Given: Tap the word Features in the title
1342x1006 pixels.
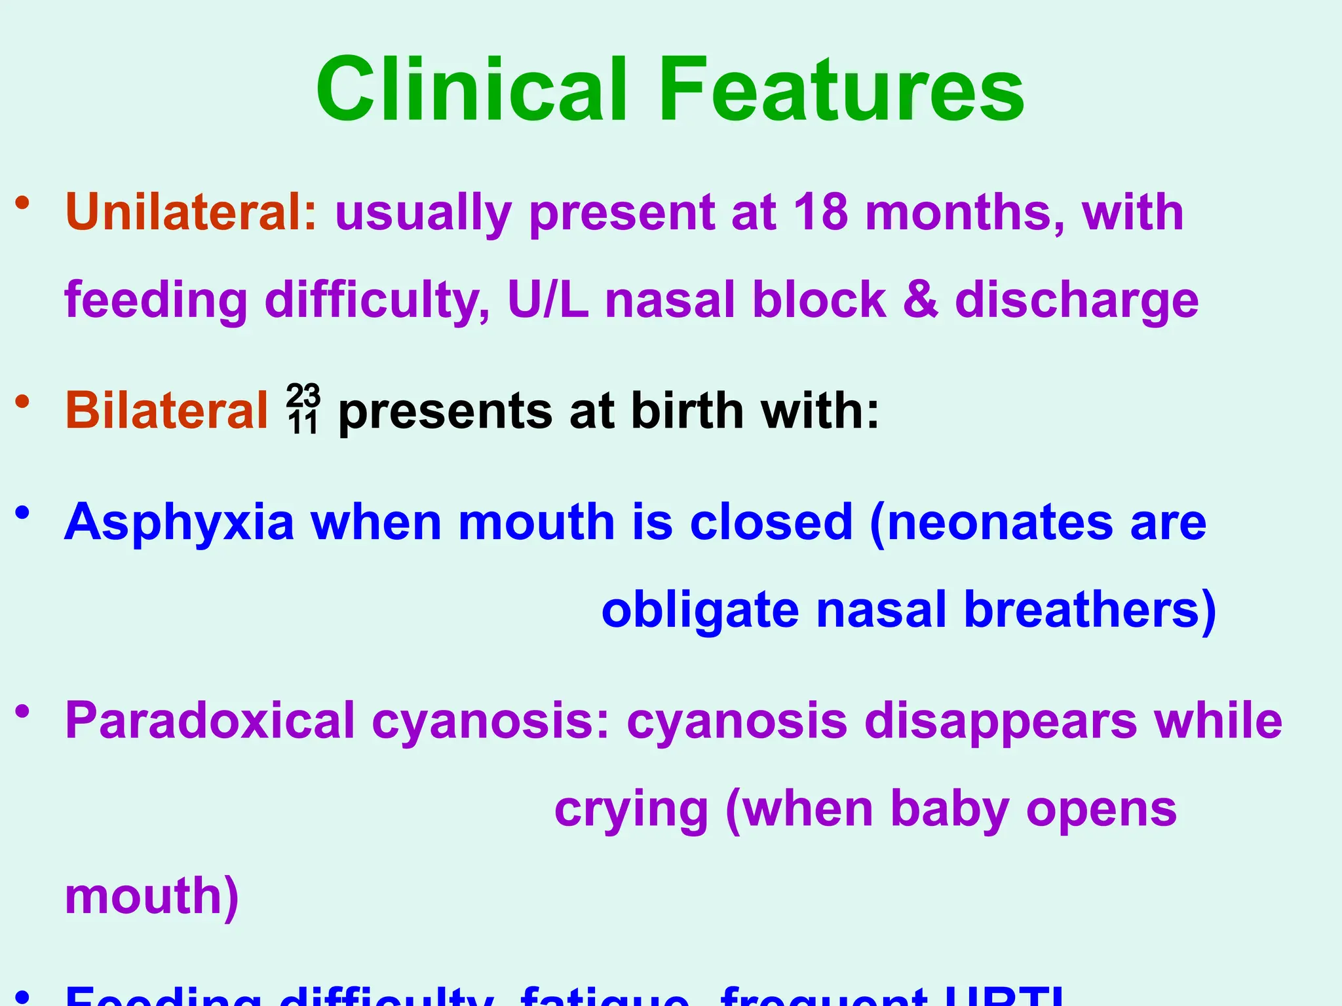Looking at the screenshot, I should (x=841, y=90).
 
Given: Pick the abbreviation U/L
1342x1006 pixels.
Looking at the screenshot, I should (x=548, y=300).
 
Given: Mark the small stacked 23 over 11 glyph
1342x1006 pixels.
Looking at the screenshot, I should (x=303, y=410).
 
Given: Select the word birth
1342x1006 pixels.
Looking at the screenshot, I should (x=687, y=411).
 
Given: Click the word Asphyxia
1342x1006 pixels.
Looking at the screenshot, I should (x=179, y=523).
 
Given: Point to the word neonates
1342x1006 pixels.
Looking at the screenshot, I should (x=1000, y=523).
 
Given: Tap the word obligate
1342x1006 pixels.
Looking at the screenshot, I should (x=700, y=610).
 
